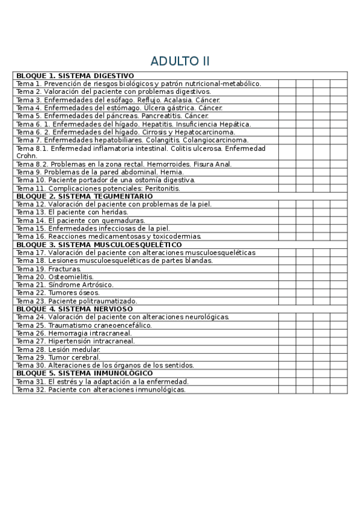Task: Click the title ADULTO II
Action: pos(180,61)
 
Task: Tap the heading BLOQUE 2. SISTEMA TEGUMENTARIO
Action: pos(84,196)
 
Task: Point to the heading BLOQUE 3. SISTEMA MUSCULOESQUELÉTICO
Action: pos(99,245)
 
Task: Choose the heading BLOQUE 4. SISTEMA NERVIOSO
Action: pos(75,309)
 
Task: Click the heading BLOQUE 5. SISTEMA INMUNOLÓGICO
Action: pos(84,373)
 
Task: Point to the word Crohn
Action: pos(26,155)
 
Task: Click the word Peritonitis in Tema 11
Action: pos(159,188)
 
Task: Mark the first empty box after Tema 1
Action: pos(287,84)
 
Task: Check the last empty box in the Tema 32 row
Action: pos(338,389)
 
